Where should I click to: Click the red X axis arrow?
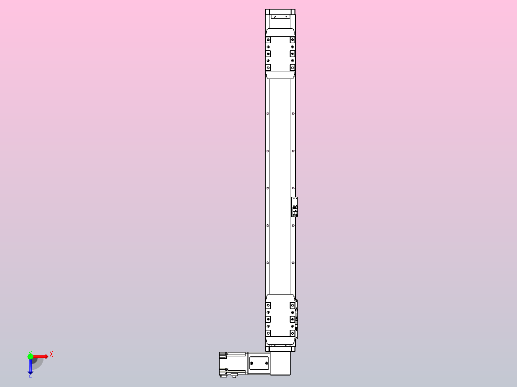coord(41,356)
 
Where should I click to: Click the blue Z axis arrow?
coord(30,366)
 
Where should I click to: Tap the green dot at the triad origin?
coord(30,356)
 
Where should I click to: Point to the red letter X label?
coord(51,354)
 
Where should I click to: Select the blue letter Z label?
coord(30,376)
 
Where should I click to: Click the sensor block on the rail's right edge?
coord(295,207)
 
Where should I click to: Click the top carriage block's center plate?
coord(281,54)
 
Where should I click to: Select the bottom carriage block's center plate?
coord(281,319)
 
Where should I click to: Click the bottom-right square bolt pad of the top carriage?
coord(293,68)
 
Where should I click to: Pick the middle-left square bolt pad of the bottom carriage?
coord(268,319)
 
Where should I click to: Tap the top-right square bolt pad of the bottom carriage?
coord(293,306)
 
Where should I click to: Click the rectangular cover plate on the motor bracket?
coord(258,363)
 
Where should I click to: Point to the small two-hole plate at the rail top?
coord(281,17)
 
